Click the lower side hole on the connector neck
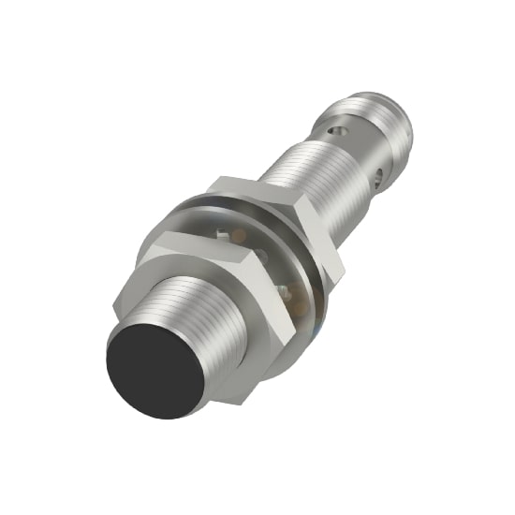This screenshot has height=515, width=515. click(x=379, y=174)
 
